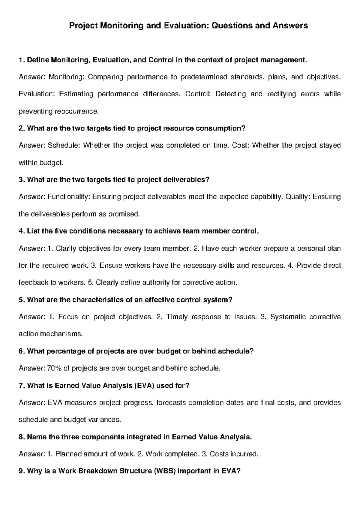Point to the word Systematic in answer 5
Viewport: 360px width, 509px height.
pos(288,317)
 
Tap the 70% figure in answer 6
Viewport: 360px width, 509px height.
pos(54,368)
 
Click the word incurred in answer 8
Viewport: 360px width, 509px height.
pos(244,454)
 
